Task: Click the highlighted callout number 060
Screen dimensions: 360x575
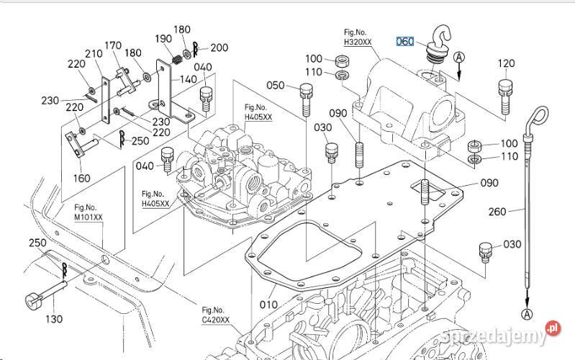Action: [406, 41]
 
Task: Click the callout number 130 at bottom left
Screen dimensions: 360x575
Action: [53, 319]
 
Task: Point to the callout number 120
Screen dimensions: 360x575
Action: [506, 63]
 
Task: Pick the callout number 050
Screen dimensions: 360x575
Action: [276, 86]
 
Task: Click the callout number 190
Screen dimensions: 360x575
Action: [163, 38]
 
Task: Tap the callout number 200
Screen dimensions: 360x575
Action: [219, 48]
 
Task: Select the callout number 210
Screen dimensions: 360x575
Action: [94, 54]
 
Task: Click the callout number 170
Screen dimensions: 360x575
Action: [113, 46]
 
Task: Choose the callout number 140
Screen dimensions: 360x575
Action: [189, 79]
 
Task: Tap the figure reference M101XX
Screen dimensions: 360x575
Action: [89, 211]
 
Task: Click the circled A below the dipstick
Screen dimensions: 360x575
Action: [527, 314]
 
